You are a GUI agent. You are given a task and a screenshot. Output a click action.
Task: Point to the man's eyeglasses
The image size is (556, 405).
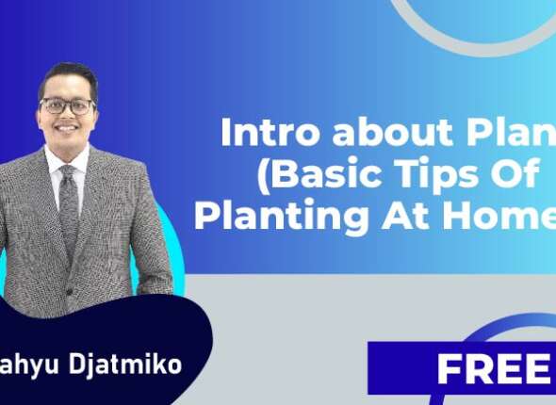click(68, 106)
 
